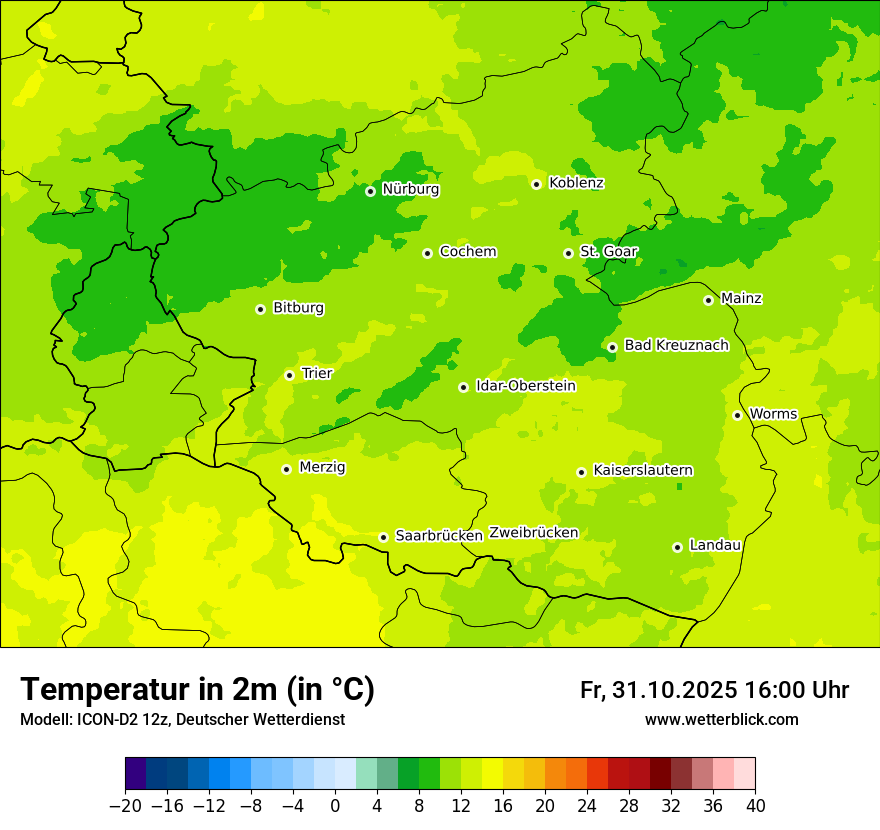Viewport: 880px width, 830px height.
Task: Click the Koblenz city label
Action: click(576, 183)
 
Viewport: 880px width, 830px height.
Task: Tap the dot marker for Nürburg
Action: click(370, 191)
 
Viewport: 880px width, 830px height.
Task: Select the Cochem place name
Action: click(467, 252)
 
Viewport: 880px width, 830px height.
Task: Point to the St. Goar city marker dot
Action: click(568, 253)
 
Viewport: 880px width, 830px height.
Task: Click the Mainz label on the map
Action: click(741, 298)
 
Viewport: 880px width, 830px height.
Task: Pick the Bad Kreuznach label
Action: click(676, 345)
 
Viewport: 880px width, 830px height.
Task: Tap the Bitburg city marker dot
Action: click(260, 309)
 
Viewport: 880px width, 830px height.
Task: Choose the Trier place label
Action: click(317, 373)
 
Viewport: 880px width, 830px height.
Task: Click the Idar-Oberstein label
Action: click(525, 386)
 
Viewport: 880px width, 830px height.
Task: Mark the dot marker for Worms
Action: click(737, 415)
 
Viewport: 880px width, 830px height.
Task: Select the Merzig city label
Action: click(322, 467)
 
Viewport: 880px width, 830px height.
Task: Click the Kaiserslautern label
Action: click(643, 470)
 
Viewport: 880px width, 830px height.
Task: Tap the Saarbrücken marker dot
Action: click(383, 537)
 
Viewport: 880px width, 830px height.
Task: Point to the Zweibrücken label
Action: click(533, 533)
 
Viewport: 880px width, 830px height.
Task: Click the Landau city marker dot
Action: click(677, 547)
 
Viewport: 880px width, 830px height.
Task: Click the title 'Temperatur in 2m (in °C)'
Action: click(197, 689)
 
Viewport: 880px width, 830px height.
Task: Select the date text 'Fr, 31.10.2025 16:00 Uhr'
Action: click(714, 690)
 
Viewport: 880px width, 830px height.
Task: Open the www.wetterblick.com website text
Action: click(721, 719)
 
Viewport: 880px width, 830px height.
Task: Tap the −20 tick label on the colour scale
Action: click(125, 806)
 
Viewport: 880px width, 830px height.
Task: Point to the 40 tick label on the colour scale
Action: click(755, 806)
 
